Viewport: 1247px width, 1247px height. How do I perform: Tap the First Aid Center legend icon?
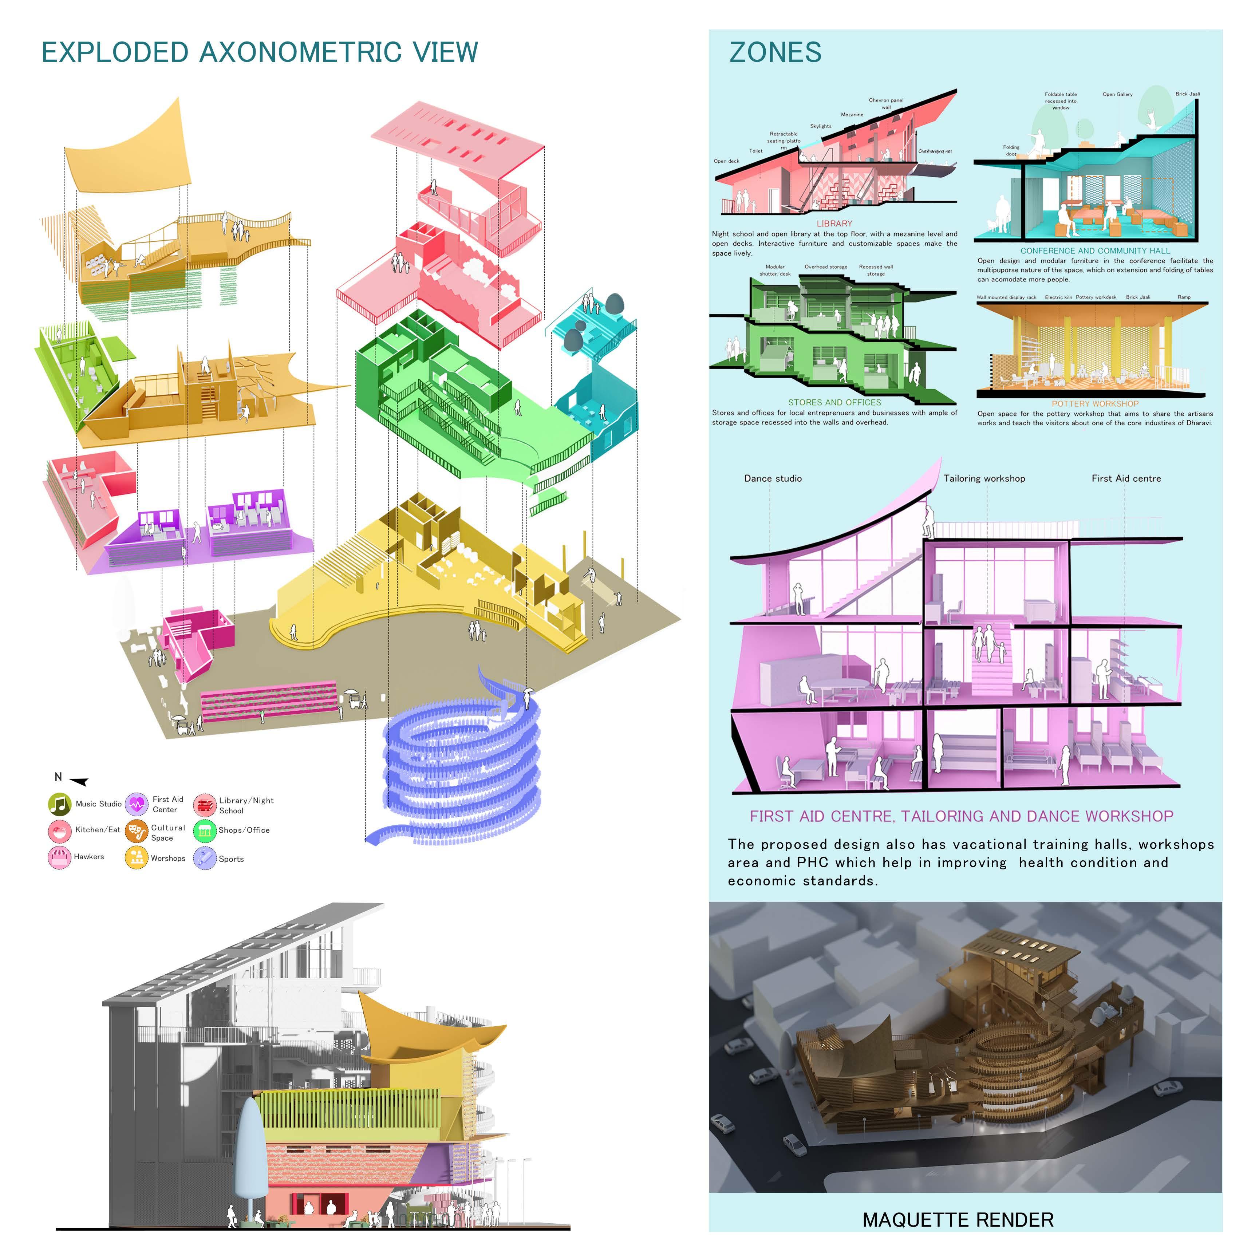click(x=136, y=804)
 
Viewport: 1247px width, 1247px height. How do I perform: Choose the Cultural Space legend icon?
click(x=136, y=831)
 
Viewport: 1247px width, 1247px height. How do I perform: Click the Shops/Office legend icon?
click(x=205, y=831)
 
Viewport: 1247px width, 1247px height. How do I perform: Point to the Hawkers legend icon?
click(x=59, y=857)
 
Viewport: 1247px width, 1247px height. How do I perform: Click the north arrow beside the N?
click(x=79, y=782)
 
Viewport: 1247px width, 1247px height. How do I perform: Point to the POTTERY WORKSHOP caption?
click(x=1095, y=403)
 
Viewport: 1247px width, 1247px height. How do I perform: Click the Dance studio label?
click(x=773, y=478)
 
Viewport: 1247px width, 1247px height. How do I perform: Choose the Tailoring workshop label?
click(x=984, y=478)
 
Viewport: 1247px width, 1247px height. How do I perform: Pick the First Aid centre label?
click(x=1126, y=478)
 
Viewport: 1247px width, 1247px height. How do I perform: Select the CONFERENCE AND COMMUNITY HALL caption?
click(x=1095, y=250)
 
